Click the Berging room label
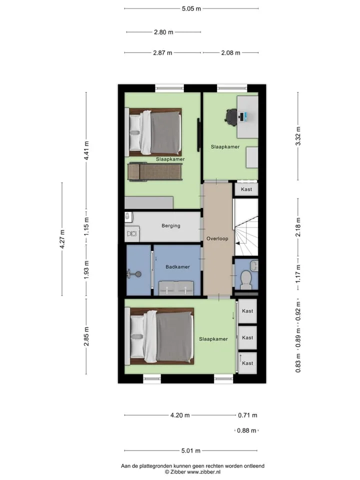(x=171, y=226)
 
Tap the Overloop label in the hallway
(x=217, y=239)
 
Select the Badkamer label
(x=177, y=267)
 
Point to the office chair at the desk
(x=232, y=116)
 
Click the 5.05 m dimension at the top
(x=191, y=8)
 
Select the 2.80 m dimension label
(x=163, y=32)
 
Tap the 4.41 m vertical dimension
(x=86, y=150)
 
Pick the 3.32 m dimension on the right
(x=298, y=136)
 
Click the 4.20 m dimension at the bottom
(x=180, y=415)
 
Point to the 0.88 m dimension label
(x=246, y=430)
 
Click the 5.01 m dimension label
(x=190, y=450)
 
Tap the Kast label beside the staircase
(x=246, y=189)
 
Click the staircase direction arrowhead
(x=237, y=243)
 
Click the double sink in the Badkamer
(x=176, y=288)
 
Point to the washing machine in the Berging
(x=132, y=233)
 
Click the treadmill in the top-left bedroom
(x=155, y=171)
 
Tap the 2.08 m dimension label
(x=231, y=52)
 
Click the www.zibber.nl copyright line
(x=192, y=472)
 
